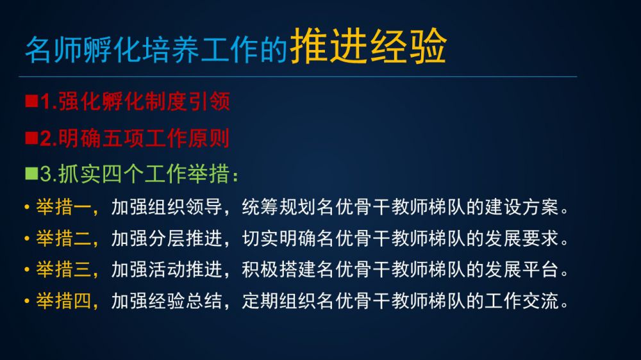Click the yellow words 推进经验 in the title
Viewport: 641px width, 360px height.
pos(368,45)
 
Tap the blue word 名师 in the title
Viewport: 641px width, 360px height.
pos(54,49)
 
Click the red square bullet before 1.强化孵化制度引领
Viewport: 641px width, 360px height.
pos(31,101)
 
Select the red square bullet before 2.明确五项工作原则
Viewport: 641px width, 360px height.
pos(31,138)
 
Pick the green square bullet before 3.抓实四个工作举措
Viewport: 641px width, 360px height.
pos(31,173)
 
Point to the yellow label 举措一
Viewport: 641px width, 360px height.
pos(63,207)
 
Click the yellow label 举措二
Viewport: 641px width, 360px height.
pos(63,238)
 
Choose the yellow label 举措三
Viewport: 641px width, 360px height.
pos(63,270)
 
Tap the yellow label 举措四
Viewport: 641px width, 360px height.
pos(63,301)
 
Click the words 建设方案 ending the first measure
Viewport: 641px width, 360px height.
pos(522,207)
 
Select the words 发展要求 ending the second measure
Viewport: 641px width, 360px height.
pos(522,238)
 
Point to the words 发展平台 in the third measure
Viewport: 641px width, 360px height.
pos(522,270)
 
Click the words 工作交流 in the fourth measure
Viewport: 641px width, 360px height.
pos(522,301)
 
